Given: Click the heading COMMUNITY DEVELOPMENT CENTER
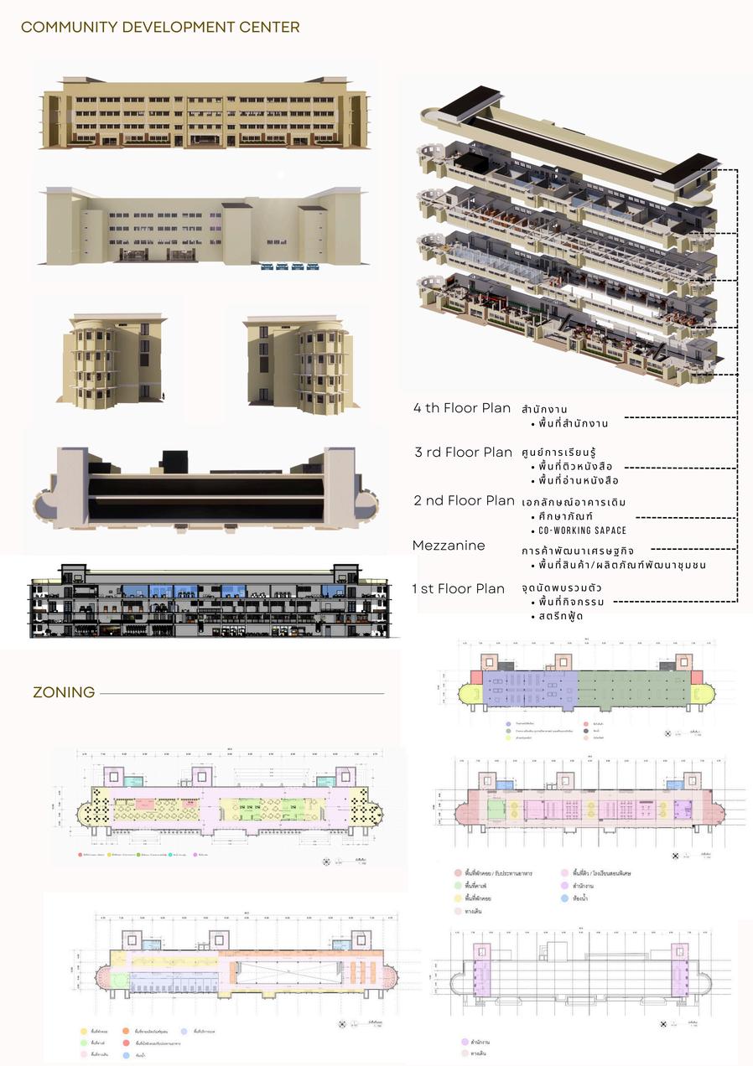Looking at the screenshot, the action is (160, 28).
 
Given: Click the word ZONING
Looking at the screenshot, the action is (64, 693).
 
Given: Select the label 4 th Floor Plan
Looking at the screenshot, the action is (462, 408).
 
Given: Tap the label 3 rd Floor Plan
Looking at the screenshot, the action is (463, 453).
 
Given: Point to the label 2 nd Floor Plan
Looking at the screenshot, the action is (464, 500).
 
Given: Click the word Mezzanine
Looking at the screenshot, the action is (449, 546).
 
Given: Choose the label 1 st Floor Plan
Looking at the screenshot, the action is (459, 588).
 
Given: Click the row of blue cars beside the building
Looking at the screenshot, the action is (290, 267).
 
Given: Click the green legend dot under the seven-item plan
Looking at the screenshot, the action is (456, 885).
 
